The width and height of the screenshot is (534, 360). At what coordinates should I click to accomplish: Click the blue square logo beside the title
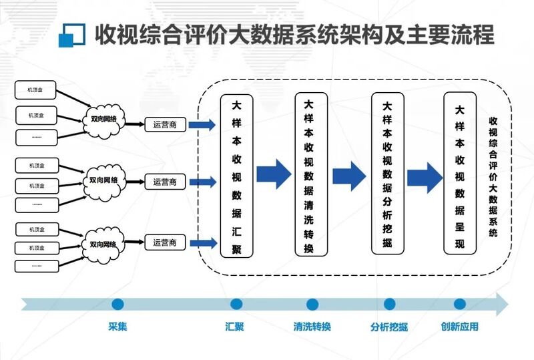click(72, 35)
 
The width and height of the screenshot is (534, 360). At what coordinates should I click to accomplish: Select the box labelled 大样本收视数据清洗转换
click(312, 174)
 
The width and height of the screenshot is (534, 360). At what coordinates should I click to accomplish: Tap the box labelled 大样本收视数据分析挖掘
click(388, 174)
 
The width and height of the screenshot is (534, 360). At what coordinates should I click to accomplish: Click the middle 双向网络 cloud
click(103, 181)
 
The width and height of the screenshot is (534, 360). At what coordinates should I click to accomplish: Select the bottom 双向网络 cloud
click(103, 242)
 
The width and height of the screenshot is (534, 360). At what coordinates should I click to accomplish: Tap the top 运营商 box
click(165, 124)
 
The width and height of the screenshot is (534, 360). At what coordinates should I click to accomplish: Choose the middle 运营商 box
click(165, 182)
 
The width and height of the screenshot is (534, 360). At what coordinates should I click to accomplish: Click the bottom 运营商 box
click(165, 242)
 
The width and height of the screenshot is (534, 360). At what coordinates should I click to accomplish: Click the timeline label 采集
click(117, 327)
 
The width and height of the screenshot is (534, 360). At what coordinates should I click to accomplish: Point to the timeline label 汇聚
click(235, 327)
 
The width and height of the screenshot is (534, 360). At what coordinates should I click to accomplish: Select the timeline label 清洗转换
click(312, 327)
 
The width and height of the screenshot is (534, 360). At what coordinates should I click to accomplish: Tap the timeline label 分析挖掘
click(389, 327)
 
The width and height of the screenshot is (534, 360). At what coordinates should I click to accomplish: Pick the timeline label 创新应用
click(459, 327)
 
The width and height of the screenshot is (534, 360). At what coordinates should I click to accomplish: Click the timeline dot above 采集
click(118, 305)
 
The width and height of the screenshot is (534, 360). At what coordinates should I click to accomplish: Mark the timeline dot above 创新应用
click(459, 305)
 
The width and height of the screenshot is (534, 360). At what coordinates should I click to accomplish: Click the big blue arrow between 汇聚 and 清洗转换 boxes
click(274, 174)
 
